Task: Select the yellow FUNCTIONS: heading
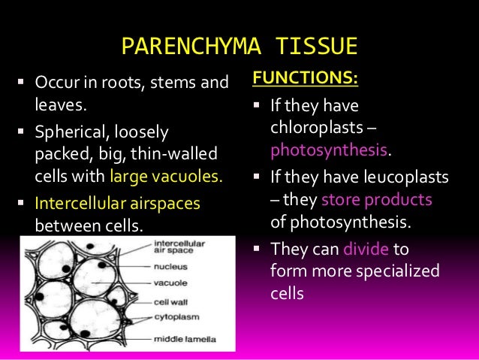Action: (304, 78)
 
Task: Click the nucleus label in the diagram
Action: (172, 265)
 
